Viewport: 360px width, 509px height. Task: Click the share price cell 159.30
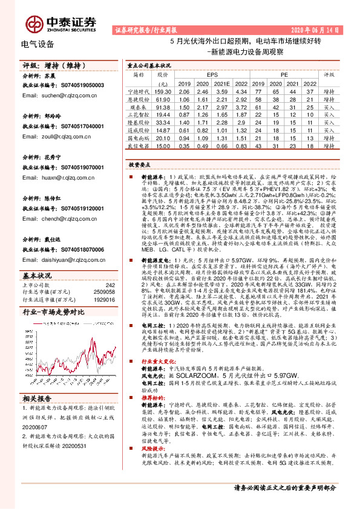163,90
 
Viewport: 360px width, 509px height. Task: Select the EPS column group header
212,74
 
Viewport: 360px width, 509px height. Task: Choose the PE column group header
284,74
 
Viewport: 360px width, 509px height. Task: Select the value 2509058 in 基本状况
103,292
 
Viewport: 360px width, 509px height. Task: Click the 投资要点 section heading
139,164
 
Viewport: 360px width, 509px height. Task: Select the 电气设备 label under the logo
38,44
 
